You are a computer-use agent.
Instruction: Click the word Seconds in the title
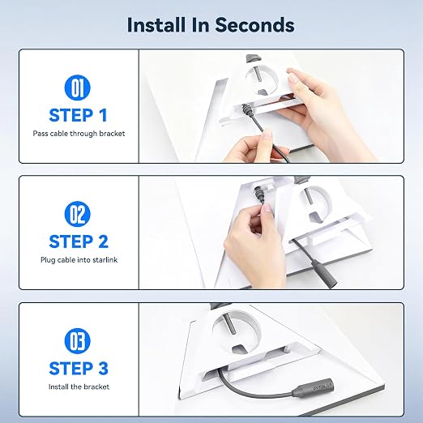point(254,25)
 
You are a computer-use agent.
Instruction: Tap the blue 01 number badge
point(78,88)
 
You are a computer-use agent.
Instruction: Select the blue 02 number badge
point(78,214)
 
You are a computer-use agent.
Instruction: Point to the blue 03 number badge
point(78,340)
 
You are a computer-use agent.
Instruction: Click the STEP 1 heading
point(79,115)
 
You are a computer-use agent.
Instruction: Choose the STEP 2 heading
point(79,241)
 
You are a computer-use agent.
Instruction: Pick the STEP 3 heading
point(79,369)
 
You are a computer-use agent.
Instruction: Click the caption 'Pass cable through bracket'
point(79,134)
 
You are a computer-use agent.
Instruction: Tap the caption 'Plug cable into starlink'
point(79,260)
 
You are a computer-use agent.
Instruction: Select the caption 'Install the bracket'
point(79,387)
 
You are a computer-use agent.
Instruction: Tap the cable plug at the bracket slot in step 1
point(246,111)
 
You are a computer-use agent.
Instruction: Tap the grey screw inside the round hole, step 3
point(229,324)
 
